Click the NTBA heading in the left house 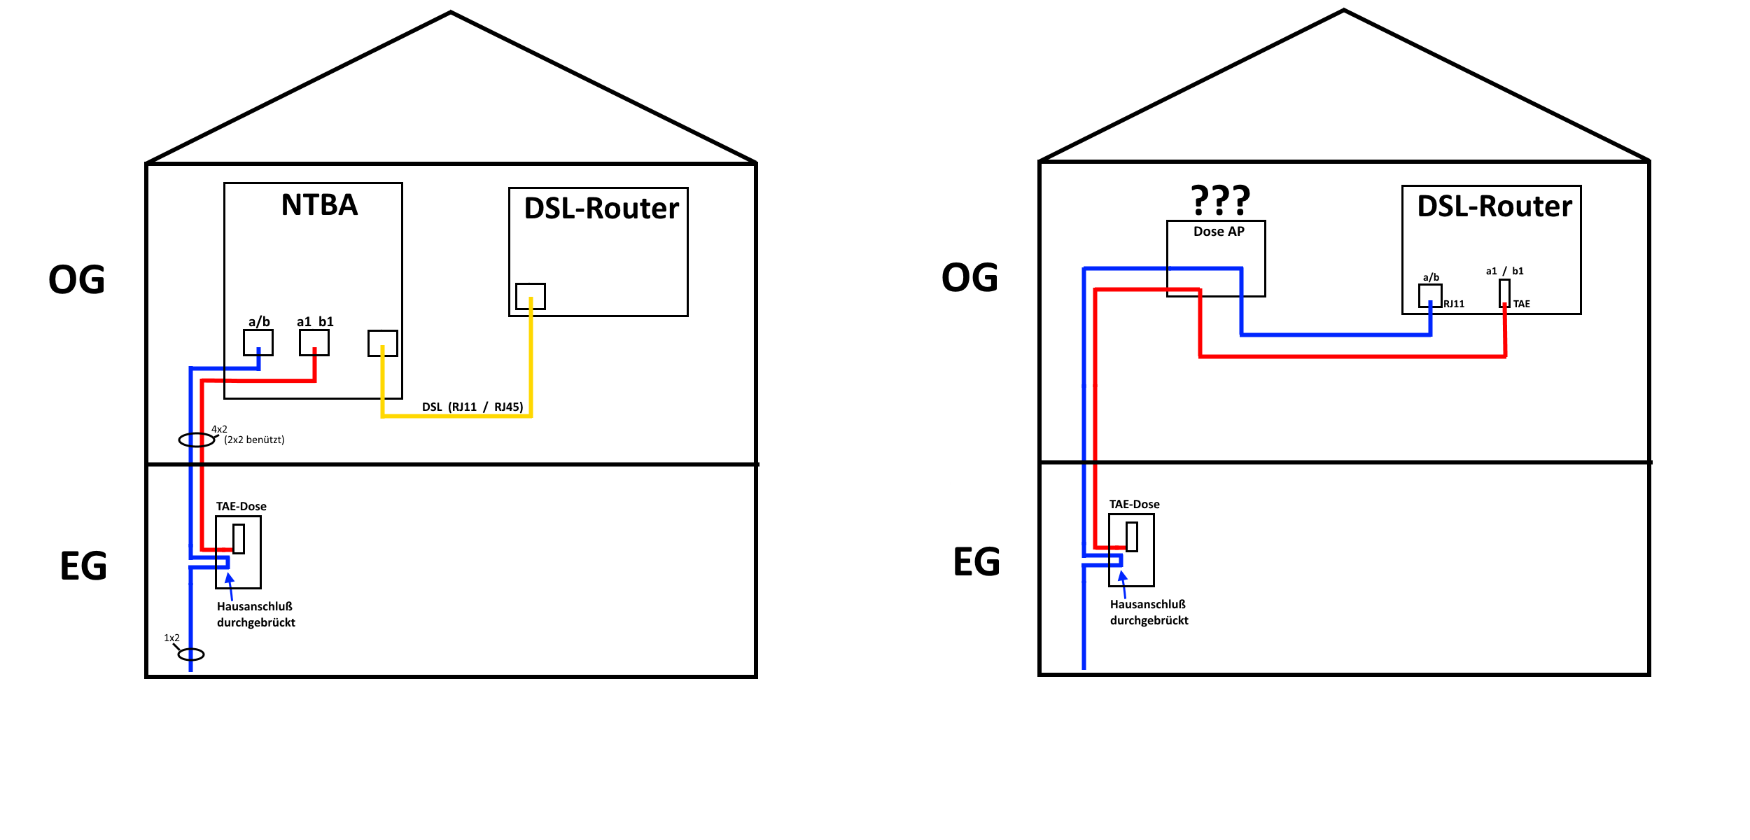click(319, 205)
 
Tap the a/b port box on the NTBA click(258, 343)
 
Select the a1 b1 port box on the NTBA click(314, 343)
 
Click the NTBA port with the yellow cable click(382, 343)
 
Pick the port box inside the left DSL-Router click(530, 296)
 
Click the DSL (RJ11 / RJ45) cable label click(472, 407)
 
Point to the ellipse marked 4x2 click(196, 440)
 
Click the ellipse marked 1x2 click(190, 654)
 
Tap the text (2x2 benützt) click(254, 440)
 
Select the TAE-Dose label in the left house click(241, 506)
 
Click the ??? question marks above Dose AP click(1220, 200)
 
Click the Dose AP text click(1219, 232)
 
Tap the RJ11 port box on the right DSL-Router click(1429, 295)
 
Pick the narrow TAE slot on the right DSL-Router click(1504, 293)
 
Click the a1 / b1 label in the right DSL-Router click(1504, 271)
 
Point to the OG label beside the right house click(969, 278)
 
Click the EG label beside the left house click(83, 566)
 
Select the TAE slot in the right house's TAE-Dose click(1131, 537)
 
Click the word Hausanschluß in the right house click(1147, 604)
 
